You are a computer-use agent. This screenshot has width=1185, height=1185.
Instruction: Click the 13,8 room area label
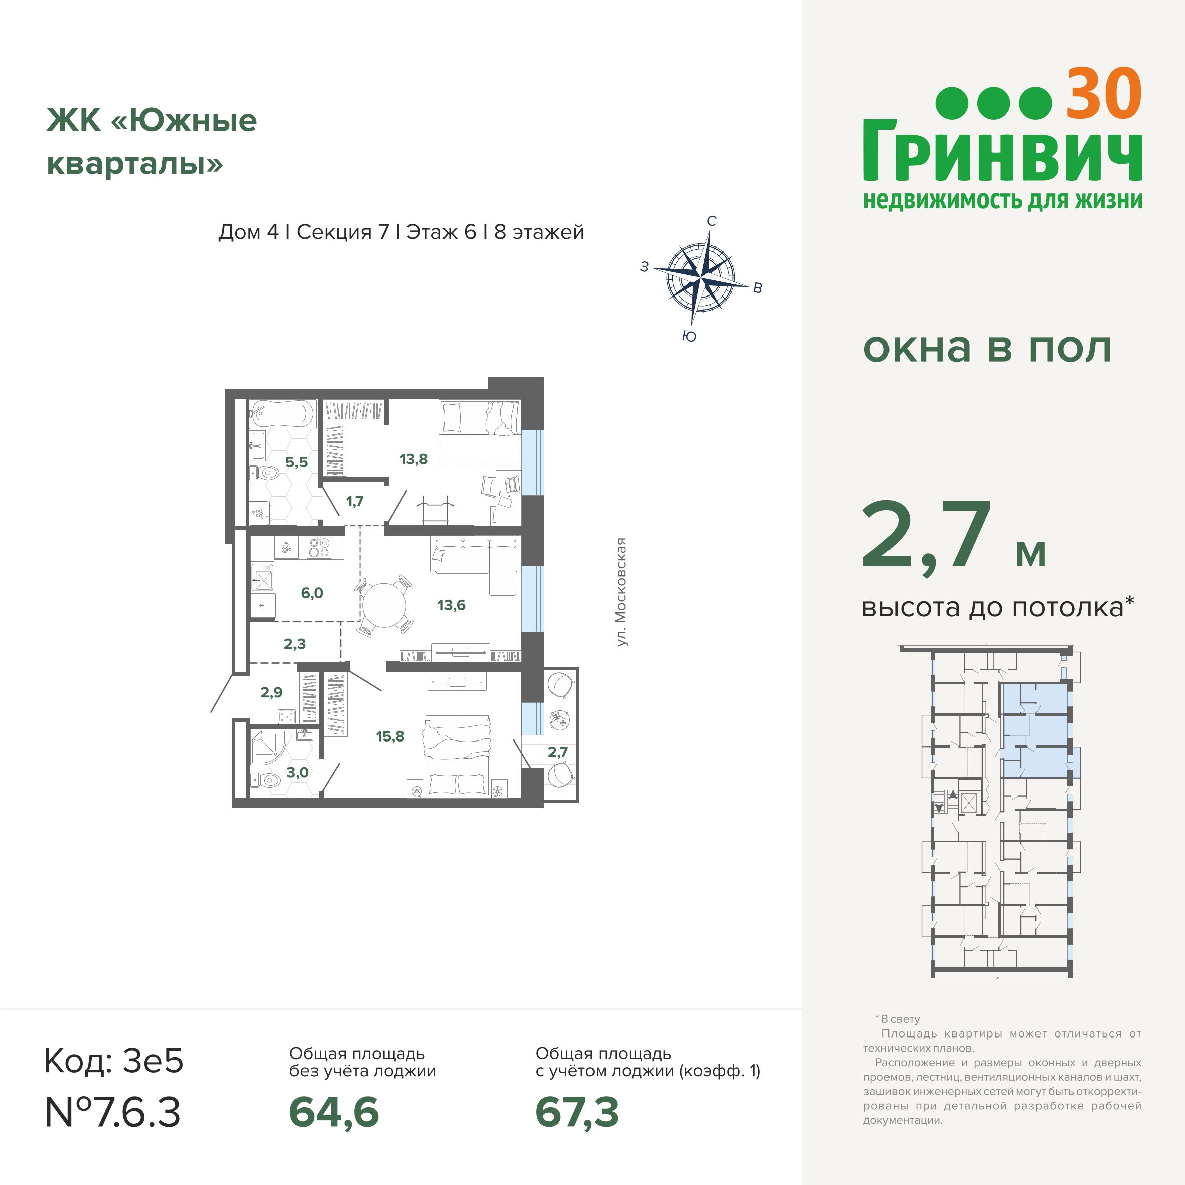click(413, 459)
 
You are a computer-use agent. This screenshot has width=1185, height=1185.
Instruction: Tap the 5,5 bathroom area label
click(296, 462)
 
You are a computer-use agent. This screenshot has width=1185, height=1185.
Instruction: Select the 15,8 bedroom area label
click(390, 736)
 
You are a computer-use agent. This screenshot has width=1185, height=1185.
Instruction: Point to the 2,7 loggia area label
click(557, 752)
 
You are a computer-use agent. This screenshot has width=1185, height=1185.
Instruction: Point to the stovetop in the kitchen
click(319, 547)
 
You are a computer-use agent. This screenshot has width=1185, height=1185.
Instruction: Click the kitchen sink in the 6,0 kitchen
click(263, 577)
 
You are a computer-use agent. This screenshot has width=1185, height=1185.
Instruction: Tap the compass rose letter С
click(711, 221)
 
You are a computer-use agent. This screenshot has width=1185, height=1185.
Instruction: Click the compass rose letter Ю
click(689, 336)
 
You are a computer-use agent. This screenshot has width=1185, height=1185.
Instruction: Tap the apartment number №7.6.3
click(113, 1113)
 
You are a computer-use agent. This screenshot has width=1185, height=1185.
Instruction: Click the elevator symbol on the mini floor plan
click(968, 802)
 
